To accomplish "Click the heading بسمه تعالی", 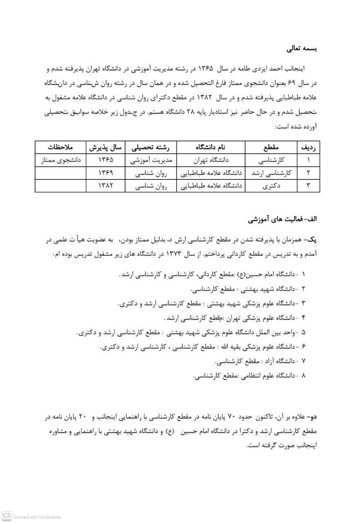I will [302, 49].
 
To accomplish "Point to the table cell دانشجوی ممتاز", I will [60, 160].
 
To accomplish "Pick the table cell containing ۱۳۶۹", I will [105, 173].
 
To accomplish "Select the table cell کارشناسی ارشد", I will [271, 173].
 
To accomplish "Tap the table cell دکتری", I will [271, 186].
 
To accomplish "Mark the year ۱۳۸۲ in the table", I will [105, 186].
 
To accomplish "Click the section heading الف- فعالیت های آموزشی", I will [282, 219].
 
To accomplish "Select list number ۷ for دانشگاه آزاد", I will [303, 361].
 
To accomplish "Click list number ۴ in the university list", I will [303, 318].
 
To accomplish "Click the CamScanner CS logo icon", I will [7, 516].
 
